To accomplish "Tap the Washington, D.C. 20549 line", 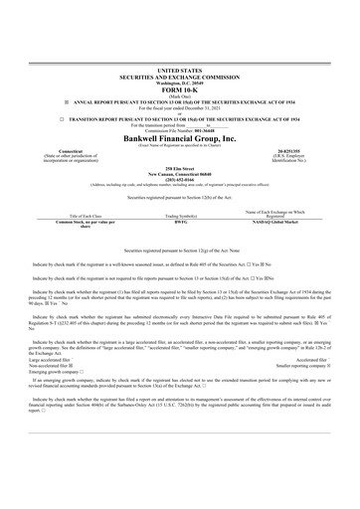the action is point(179,81).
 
